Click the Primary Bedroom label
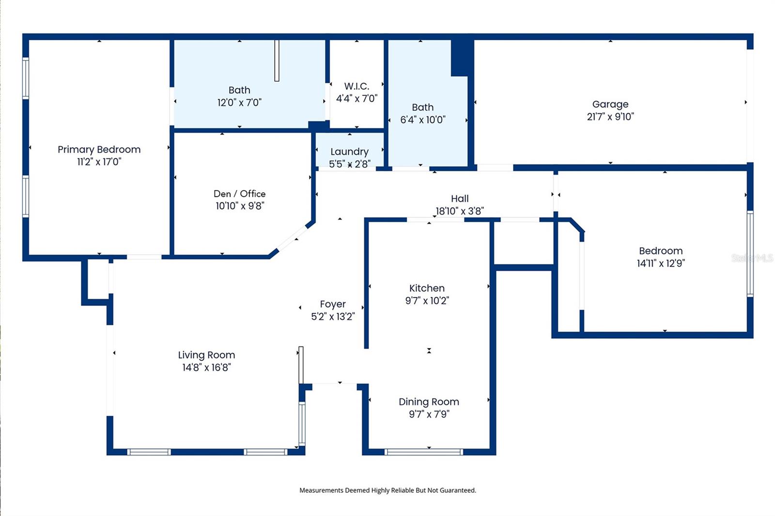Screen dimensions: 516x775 (99, 150)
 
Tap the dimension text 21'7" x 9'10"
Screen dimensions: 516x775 (610, 117)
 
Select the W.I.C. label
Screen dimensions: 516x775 (356, 86)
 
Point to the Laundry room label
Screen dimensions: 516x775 (349, 152)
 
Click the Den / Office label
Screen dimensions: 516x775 (239, 194)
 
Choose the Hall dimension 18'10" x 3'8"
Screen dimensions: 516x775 (459, 211)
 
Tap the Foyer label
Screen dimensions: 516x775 (333, 304)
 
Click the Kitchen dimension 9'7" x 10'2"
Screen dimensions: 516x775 (427, 301)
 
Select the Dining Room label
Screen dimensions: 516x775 (429, 402)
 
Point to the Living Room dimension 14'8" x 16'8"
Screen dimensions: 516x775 (206, 367)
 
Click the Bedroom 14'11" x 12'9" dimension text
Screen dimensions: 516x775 (661, 263)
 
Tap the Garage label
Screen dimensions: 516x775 (610, 104)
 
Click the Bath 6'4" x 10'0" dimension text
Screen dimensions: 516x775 (422, 120)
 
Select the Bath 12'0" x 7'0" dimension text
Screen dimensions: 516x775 (239, 103)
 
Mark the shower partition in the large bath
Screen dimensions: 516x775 (277, 61)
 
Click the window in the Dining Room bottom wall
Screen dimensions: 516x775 (423, 452)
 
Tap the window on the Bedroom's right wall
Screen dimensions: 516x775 (749, 253)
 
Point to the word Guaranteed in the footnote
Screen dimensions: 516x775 (458, 490)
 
